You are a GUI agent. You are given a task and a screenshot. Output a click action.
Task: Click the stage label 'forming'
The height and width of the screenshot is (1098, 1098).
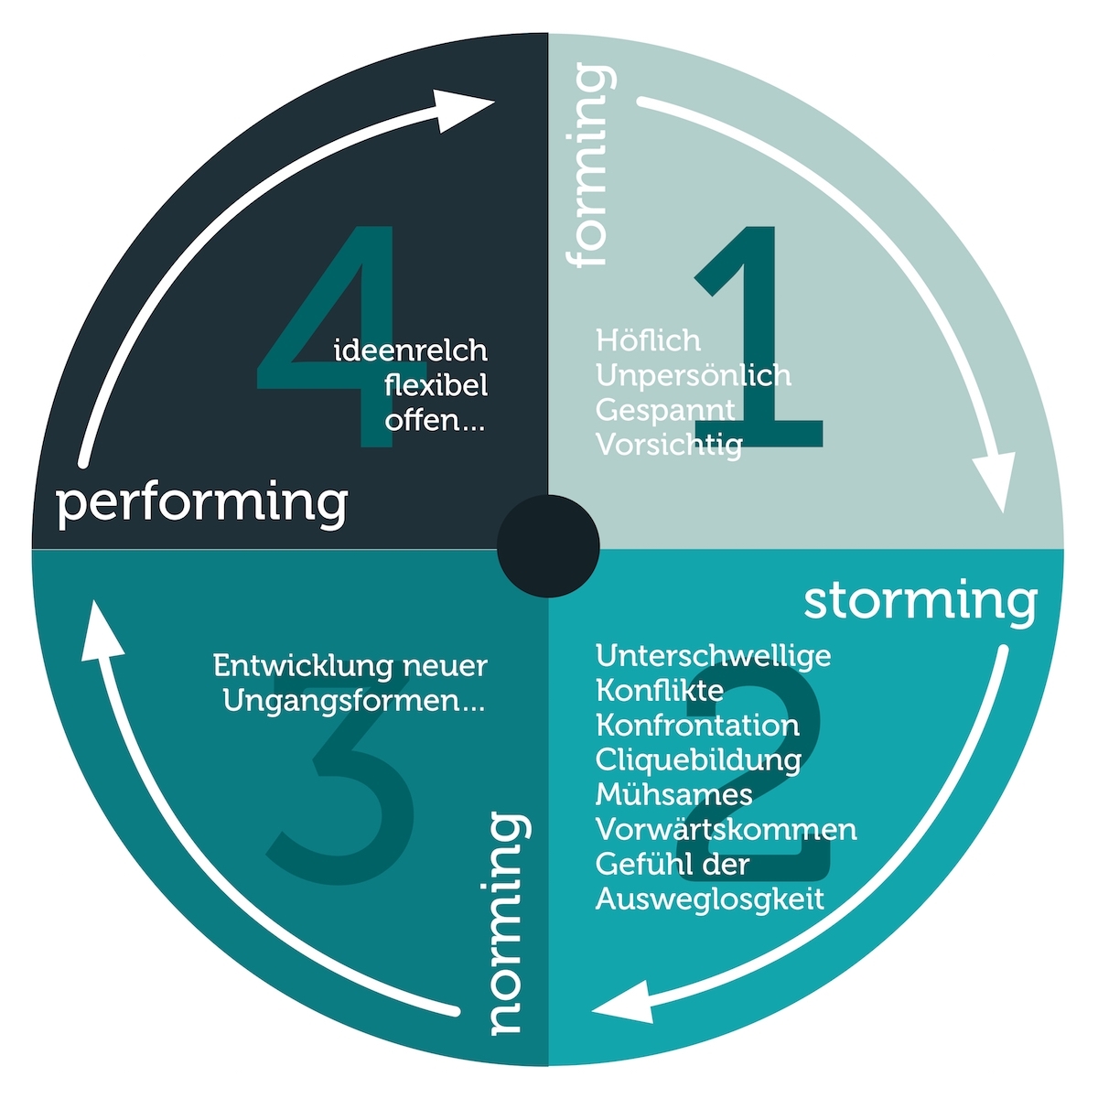tap(590, 165)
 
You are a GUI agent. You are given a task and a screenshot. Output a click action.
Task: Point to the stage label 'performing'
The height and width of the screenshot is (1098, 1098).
tap(201, 505)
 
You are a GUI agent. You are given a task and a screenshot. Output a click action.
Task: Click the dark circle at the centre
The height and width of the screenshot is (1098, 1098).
tap(548, 546)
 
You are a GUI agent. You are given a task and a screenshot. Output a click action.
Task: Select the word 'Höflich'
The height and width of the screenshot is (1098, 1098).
tap(648, 340)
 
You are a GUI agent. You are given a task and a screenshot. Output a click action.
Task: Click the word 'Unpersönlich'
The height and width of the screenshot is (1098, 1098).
tap(694, 375)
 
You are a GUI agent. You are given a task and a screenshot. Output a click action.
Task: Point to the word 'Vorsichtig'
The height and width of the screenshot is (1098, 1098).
tap(670, 445)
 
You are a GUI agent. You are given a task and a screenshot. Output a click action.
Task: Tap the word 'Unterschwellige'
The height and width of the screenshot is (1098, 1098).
tap(714, 655)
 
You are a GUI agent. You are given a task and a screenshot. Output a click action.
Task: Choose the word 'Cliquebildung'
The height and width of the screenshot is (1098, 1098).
tap(698, 759)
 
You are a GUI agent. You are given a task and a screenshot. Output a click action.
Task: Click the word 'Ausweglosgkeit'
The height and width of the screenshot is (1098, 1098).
tap(710, 899)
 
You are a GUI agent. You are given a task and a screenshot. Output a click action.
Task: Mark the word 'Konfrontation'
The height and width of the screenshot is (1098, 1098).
tap(697, 726)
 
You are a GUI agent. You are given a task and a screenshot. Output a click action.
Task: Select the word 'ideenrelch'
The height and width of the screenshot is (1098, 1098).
tap(411, 350)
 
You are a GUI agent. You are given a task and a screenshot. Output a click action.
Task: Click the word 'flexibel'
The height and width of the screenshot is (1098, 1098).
tap(436, 385)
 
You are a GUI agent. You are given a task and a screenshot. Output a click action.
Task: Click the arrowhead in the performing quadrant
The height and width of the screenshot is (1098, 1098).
tap(461, 111)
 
